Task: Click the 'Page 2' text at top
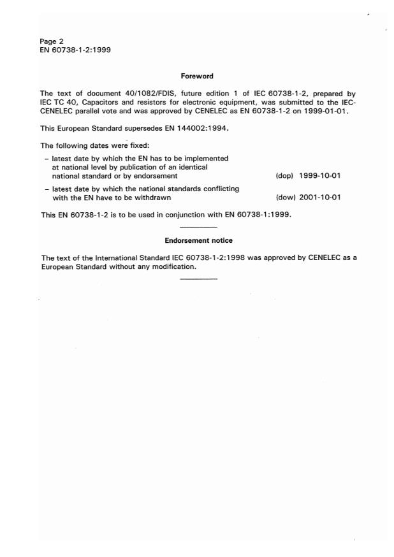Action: pos(51,41)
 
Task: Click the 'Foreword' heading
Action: pos(198,76)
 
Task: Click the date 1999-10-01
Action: pos(320,175)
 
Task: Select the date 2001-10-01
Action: pos(320,197)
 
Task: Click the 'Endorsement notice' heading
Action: pos(198,240)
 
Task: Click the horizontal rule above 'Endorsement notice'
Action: pos(198,227)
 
